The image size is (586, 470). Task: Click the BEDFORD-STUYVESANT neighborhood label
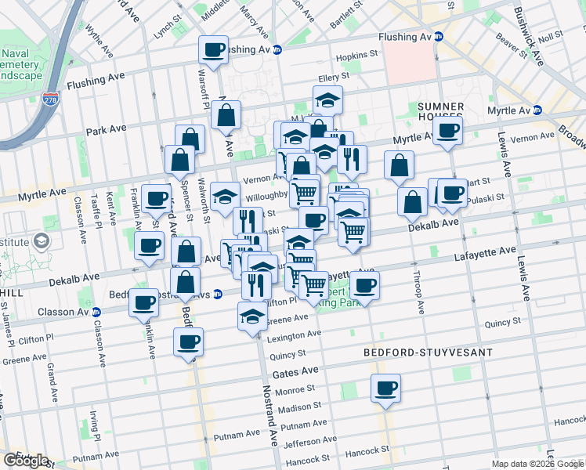pos(429,352)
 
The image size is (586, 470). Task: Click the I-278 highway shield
pos(49,99)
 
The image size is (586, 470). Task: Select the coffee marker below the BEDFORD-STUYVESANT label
pos(385,389)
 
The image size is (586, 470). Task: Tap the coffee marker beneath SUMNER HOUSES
pos(447,131)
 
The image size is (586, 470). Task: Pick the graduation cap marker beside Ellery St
pos(327,100)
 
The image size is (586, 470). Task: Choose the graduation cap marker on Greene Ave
pos(252,316)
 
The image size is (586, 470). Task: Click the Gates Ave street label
pos(301,370)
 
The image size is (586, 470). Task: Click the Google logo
pos(26,461)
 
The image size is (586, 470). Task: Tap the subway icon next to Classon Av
pos(96,312)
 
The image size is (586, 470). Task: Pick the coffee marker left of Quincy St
pos(188,342)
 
